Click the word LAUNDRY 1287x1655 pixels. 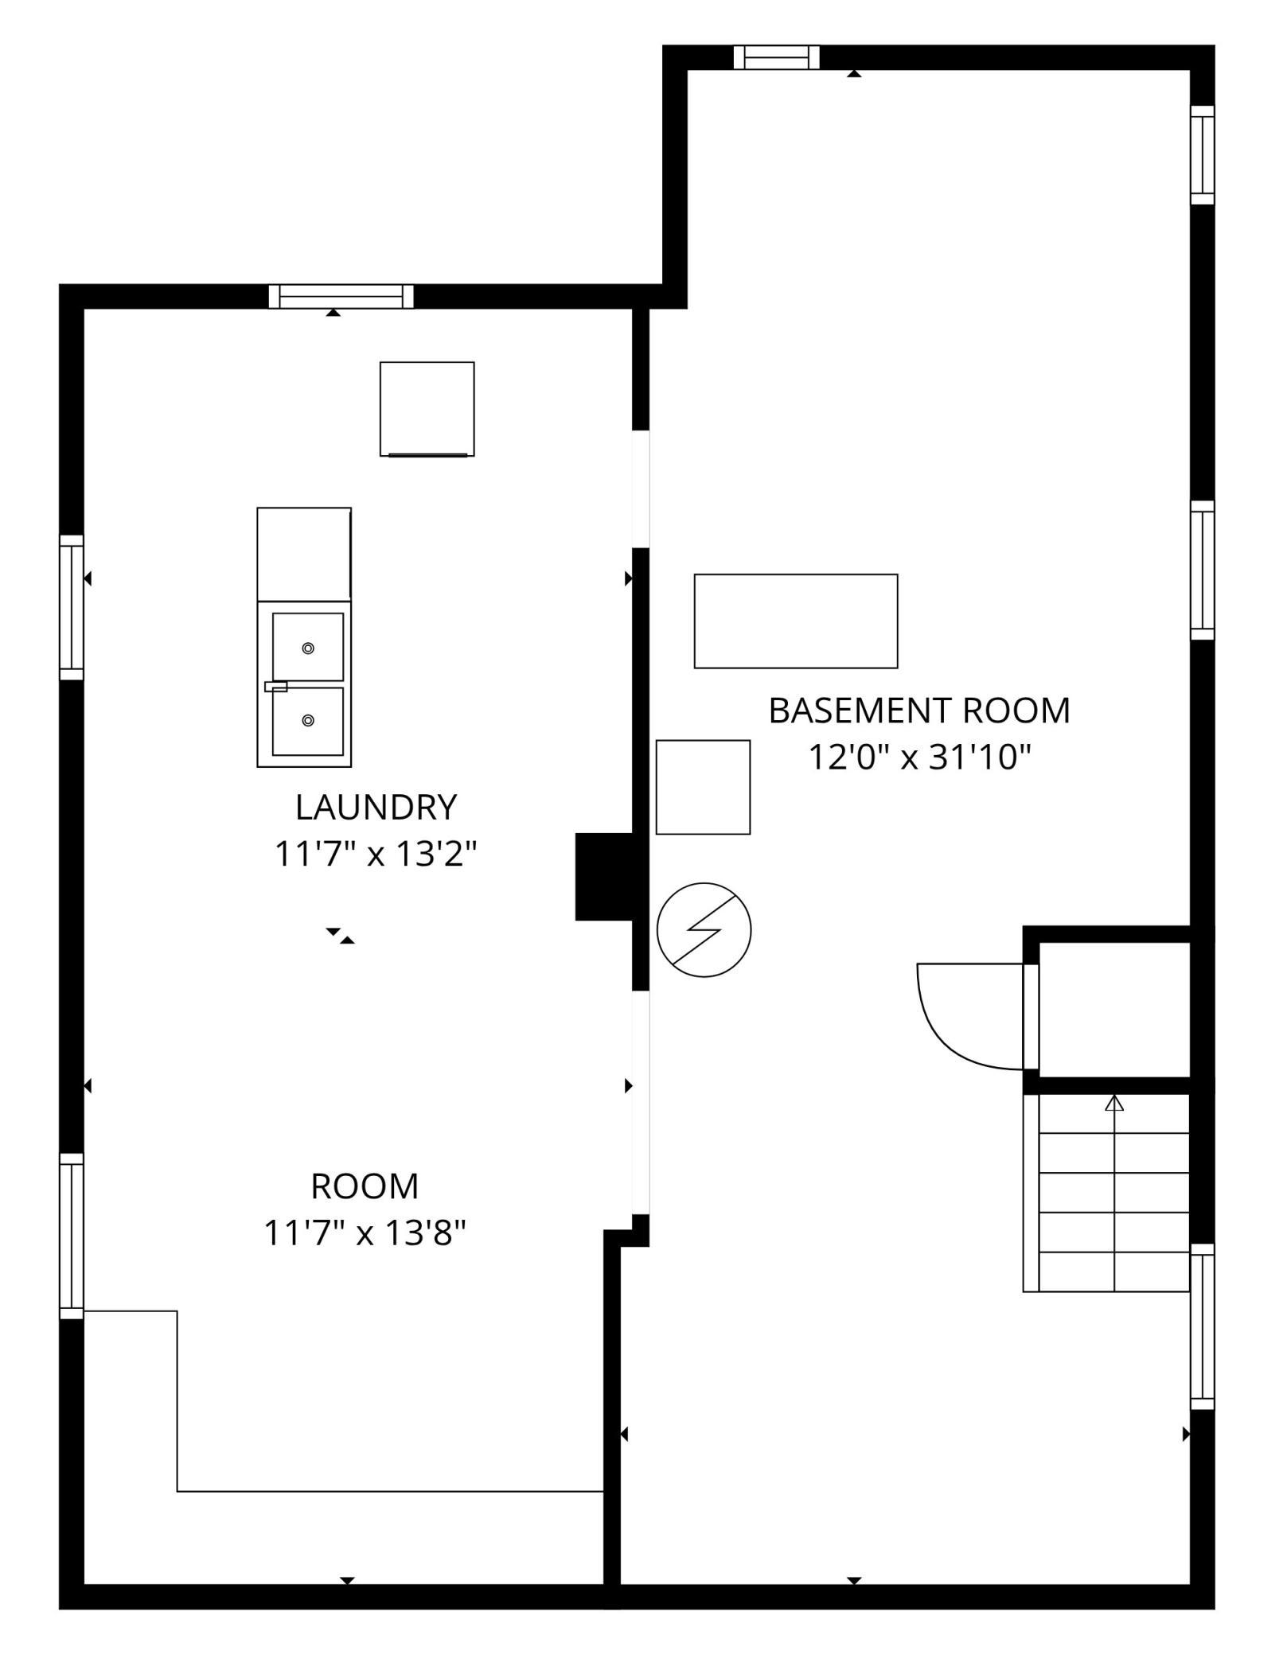point(376,808)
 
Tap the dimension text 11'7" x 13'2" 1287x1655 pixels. point(376,855)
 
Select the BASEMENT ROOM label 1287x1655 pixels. point(919,711)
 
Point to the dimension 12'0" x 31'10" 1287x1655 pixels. point(919,757)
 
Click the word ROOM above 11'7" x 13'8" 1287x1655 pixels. point(365,1186)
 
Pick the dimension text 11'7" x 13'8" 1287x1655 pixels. point(365,1234)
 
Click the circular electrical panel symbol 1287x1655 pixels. point(704,929)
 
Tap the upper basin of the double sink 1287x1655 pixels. point(308,647)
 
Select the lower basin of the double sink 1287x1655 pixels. point(308,722)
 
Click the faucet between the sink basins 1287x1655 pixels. point(275,686)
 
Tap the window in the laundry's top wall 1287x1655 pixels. point(341,297)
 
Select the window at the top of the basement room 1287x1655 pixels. point(776,57)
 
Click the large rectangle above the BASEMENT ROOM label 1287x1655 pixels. point(796,621)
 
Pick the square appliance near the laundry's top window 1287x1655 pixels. point(427,409)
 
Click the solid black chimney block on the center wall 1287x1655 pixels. point(604,877)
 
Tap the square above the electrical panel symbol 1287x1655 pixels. point(703,787)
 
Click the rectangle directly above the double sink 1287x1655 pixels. point(304,554)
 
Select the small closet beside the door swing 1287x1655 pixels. point(1114,1010)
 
